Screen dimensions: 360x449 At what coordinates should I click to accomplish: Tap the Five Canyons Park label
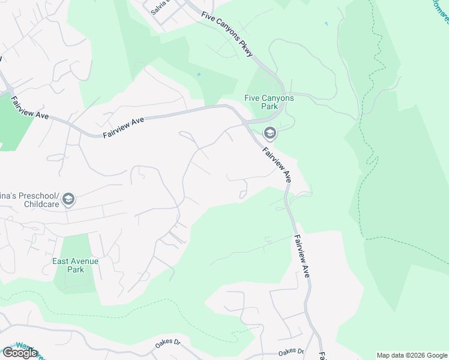pos(269,102)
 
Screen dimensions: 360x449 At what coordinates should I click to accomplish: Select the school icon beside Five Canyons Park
pos(270,133)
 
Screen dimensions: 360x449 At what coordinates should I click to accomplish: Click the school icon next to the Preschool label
pos(68,199)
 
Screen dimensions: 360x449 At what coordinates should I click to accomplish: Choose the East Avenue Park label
pos(75,265)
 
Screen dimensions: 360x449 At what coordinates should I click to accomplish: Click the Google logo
pos(20,353)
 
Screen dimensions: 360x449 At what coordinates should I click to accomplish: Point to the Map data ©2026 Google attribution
pos(412,355)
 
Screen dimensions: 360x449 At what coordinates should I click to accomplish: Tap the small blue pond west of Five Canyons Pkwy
pos(198,74)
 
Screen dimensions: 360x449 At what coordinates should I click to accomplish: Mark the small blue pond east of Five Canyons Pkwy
pos(326,24)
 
